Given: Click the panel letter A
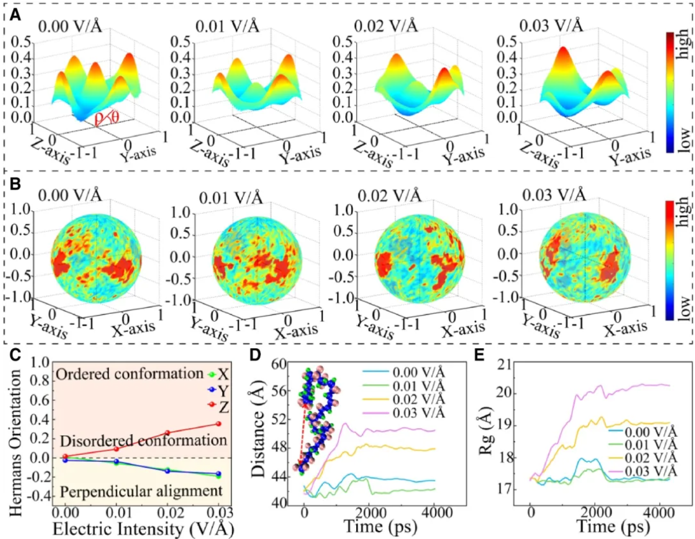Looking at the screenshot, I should [x=15, y=15].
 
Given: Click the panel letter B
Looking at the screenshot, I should [x=15, y=184].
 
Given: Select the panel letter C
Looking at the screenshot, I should [x=15, y=354].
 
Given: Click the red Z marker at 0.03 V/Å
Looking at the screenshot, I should [x=218, y=424].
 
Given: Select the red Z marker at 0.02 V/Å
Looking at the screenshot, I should [x=167, y=433].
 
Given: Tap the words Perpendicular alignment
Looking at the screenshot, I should [x=141, y=491].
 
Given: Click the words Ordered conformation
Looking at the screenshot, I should [x=129, y=374].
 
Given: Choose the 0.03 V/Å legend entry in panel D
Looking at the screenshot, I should [x=403, y=413].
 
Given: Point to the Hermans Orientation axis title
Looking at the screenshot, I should [x=16, y=442].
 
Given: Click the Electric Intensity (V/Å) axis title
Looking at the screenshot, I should [x=143, y=529].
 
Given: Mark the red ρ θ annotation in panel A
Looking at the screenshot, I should [x=107, y=118].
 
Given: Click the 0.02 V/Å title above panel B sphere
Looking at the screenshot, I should [x=389, y=195].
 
